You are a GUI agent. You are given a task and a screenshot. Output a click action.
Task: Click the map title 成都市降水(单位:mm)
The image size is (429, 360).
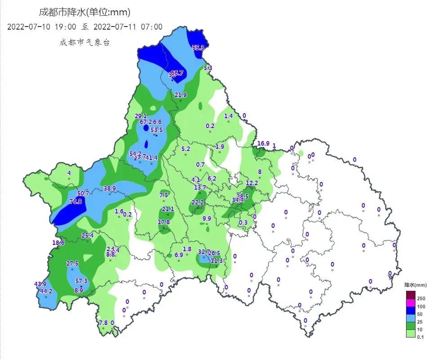point(85,12)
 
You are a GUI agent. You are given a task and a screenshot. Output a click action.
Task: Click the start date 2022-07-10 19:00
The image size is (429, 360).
point(42,27)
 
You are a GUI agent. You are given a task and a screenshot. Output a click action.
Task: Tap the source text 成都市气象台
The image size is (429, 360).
point(85,43)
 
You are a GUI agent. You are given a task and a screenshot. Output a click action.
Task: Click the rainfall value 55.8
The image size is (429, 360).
point(198,48)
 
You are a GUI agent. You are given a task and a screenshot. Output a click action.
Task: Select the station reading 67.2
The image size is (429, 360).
point(146,122)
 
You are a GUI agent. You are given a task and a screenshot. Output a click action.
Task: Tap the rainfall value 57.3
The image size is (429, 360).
point(81,281)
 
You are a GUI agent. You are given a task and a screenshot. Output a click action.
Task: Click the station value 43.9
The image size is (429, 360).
point(40,284)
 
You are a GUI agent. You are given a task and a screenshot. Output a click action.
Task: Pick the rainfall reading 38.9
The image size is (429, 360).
point(110,188)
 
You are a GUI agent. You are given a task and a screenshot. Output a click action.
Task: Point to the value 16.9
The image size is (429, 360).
point(263,144)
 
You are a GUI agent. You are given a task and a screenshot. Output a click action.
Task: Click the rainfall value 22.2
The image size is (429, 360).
point(197,203)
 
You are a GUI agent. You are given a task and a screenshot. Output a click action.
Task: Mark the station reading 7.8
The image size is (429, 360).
point(103,323)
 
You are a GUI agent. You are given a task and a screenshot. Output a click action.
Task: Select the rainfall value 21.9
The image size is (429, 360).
point(181,95)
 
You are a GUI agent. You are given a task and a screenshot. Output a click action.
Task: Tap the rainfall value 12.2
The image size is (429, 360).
point(252,183)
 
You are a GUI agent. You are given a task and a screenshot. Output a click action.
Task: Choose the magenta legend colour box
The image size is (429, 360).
point(411,303)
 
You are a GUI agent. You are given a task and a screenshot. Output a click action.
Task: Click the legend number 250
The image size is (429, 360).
point(421,298)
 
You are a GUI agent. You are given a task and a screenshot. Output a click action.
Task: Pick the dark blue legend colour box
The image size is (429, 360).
point(411,311)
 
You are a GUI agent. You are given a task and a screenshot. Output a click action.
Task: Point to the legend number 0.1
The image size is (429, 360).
point(420,337)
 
